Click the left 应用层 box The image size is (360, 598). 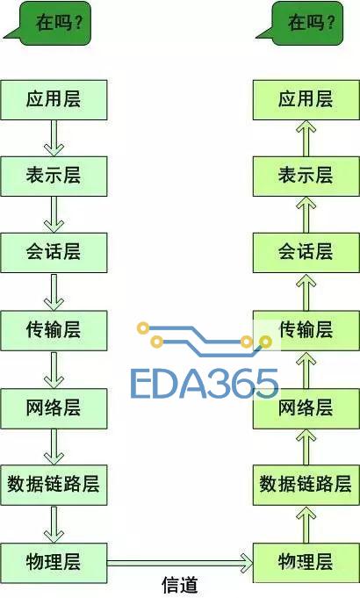pos(54,100)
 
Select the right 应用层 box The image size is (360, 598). pos(306,100)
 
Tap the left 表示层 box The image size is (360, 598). pos(54,177)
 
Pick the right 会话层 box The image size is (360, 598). pos(306,253)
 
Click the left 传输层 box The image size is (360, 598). pos(54,330)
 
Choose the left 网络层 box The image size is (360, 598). pos(54,408)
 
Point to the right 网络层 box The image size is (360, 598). pos(306,408)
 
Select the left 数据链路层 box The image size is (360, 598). pos(54,485)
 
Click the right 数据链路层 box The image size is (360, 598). pos(306,485)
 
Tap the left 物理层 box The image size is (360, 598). pos(54,563)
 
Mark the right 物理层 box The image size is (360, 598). pos(306,563)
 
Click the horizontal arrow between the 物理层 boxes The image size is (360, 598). pos(180,563)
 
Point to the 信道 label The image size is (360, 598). pos(180,585)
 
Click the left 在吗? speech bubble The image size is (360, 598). pos(47,23)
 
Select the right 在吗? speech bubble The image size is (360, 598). pos(299,23)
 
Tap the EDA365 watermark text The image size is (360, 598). pos(205,384)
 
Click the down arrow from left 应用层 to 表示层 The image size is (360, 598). pos(54,138)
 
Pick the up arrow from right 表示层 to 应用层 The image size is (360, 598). pos(306,138)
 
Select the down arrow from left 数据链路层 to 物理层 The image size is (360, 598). pos(54,524)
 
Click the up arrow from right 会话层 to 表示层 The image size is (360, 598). pos(306,215)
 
